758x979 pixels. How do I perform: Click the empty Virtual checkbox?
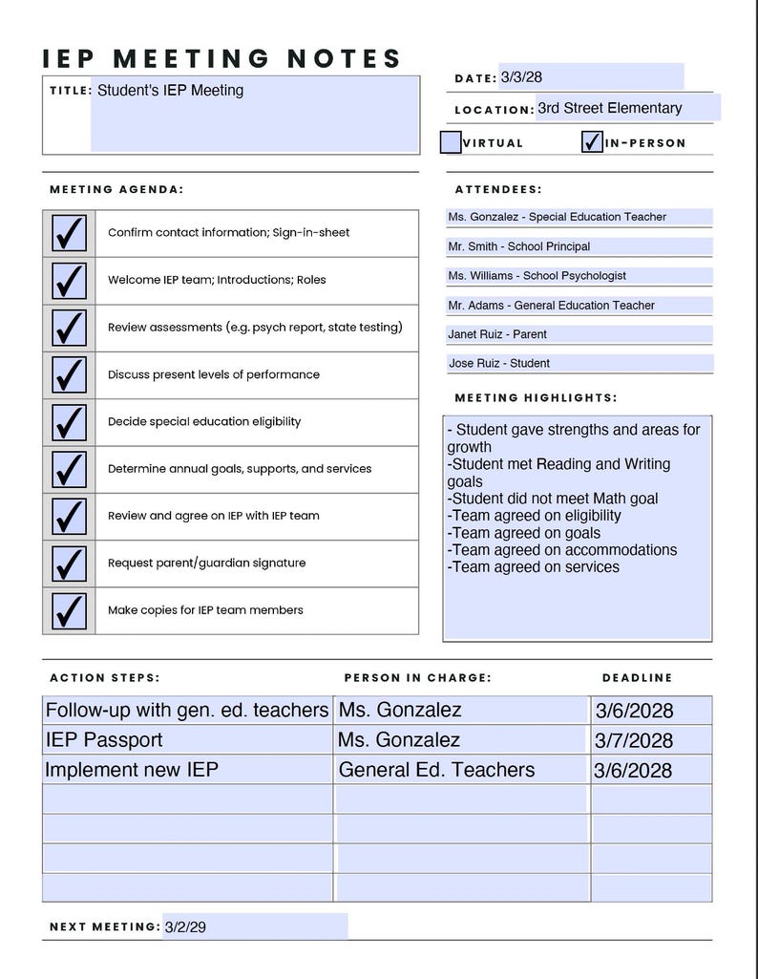coord(451,142)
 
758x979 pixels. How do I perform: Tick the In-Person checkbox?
coord(592,142)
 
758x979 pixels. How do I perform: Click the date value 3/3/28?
coord(521,77)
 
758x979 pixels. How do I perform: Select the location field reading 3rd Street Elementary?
coord(610,108)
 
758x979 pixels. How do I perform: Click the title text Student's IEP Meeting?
coord(170,91)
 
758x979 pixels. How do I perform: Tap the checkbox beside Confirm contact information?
coord(69,233)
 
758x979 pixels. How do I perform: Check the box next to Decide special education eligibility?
coord(69,422)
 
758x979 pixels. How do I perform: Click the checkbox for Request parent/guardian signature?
coord(69,564)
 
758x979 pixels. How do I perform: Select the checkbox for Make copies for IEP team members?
coord(69,610)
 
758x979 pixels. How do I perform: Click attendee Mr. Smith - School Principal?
coord(519,246)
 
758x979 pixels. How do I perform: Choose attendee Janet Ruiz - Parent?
coord(497,334)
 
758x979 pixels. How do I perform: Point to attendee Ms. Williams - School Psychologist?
coord(537,276)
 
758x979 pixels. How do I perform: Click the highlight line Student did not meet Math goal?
coord(554,499)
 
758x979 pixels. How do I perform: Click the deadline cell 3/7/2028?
coord(634,741)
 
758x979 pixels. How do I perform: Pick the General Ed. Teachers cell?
coord(436,770)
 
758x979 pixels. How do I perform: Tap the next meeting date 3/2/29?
coord(185,926)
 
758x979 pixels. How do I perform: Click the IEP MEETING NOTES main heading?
coord(222,58)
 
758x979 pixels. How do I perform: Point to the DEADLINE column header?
coord(637,678)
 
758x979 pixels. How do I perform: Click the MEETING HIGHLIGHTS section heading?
coord(536,397)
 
